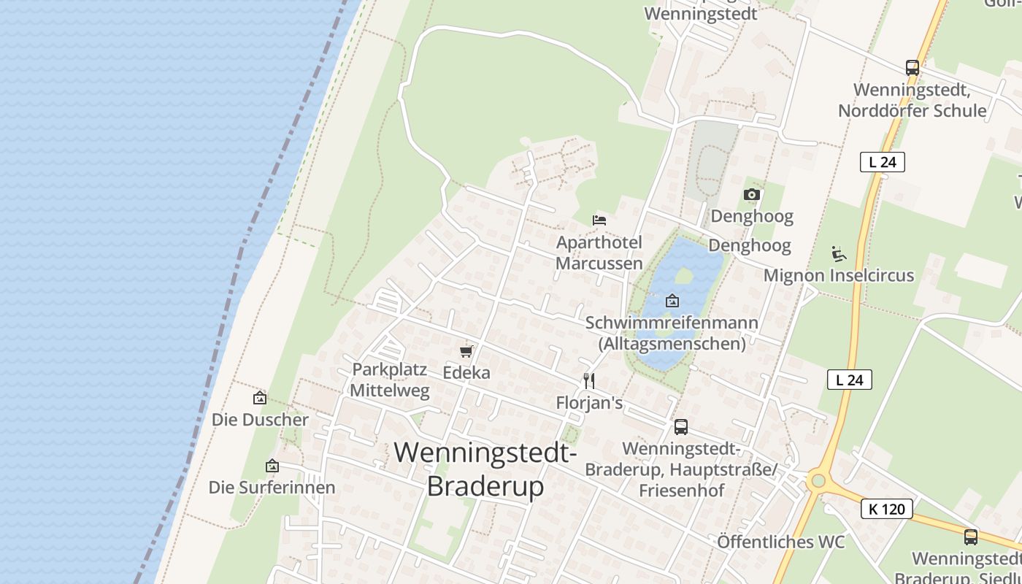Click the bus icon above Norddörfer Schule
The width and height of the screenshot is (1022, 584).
click(912, 68)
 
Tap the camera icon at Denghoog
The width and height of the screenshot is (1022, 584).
click(751, 194)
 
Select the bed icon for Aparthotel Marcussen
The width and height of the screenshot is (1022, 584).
click(599, 220)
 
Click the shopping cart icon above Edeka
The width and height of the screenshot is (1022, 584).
click(466, 351)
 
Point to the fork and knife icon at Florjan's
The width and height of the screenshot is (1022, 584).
click(589, 380)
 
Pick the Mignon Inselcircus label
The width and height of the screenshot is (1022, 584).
click(838, 276)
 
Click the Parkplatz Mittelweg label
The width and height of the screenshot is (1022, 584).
click(389, 380)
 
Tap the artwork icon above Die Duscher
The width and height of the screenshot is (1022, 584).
click(259, 398)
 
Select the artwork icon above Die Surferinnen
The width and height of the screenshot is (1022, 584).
click(272, 466)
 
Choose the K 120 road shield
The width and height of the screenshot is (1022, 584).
click(887, 509)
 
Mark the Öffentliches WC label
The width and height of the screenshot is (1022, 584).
click(780, 542)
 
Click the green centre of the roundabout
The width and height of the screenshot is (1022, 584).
click(818, 480)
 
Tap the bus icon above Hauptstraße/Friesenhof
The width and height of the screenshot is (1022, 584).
click(680, 427)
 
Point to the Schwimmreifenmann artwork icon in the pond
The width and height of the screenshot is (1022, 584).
click(672, 301)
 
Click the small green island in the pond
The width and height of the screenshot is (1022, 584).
click(684, 276)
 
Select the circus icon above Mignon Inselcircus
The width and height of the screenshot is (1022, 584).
click(838, 254)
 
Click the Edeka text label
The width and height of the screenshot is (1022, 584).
click(466, 372)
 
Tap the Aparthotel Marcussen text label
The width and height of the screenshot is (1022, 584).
click(599, 253)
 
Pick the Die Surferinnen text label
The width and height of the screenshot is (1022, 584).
click(272, 487)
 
